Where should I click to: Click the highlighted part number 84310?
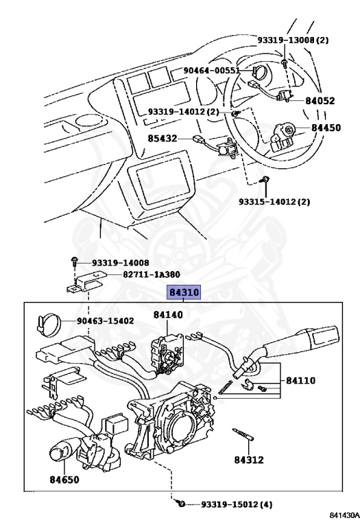184,292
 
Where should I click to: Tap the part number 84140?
168,315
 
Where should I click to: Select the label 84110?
300,380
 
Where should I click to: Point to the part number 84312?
249,460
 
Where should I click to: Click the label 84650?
64,480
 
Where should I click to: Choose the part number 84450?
326,128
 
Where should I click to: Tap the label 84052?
320,101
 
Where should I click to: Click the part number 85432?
163,139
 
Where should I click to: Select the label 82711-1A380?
152,274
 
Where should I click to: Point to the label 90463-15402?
106,321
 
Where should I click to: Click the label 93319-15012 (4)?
237,504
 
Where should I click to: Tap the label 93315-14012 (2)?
274,202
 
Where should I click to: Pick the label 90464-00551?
212,71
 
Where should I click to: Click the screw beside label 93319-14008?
74,261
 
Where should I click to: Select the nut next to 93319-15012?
182,504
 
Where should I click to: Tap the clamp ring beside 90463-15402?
49,324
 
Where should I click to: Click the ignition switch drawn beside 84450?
282,137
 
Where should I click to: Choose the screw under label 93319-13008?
285,63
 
